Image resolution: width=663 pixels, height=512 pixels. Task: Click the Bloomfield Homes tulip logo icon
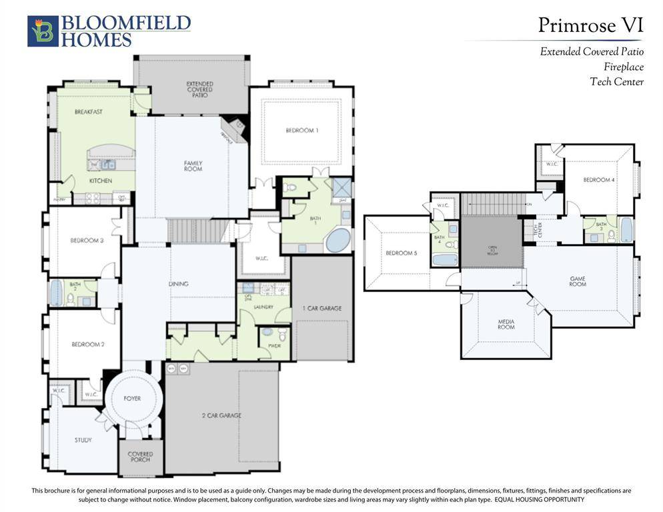pos(43,31)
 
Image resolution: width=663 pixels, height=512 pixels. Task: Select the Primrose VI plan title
pos(590,25)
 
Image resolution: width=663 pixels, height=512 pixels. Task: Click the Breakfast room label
pos(88,112)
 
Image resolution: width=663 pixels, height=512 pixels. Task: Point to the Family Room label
pos(193,166)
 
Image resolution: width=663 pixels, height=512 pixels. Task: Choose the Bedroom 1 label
pos(301,131)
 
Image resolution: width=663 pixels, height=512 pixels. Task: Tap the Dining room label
pos(178,284)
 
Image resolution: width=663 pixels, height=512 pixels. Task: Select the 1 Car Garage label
pos(322,308)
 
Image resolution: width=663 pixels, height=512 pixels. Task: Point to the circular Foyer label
pos(132,398)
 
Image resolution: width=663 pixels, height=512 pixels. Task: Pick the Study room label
pos(83,440)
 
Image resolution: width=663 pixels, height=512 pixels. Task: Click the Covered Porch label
pos(140,457)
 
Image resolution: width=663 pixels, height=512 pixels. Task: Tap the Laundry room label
pos(263,307)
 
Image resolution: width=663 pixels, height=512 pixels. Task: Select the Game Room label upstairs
pos(578,281)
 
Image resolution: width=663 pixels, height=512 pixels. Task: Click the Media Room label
pos(506,324)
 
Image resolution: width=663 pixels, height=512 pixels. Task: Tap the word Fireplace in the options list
pos(624,67)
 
